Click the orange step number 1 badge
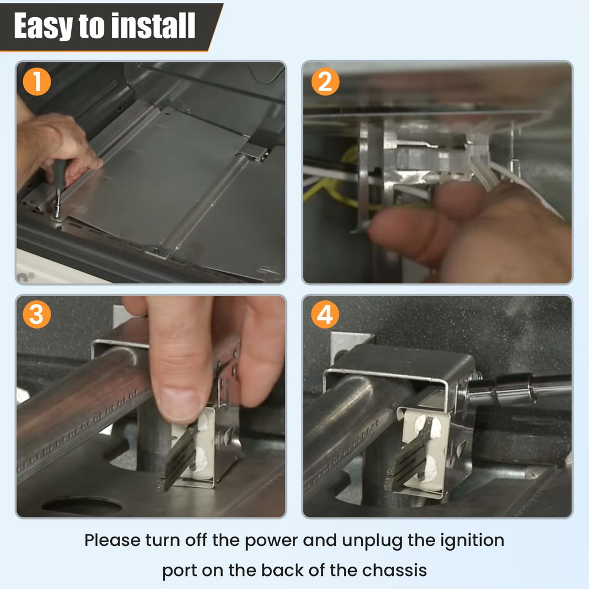(37, 81)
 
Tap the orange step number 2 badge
(325, 81)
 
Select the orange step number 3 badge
(37, 315)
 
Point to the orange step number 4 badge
(325, 315)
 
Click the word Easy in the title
(43, 26)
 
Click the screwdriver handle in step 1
(59, 173)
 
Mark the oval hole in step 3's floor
(81, 505)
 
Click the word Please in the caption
(112, 541)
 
